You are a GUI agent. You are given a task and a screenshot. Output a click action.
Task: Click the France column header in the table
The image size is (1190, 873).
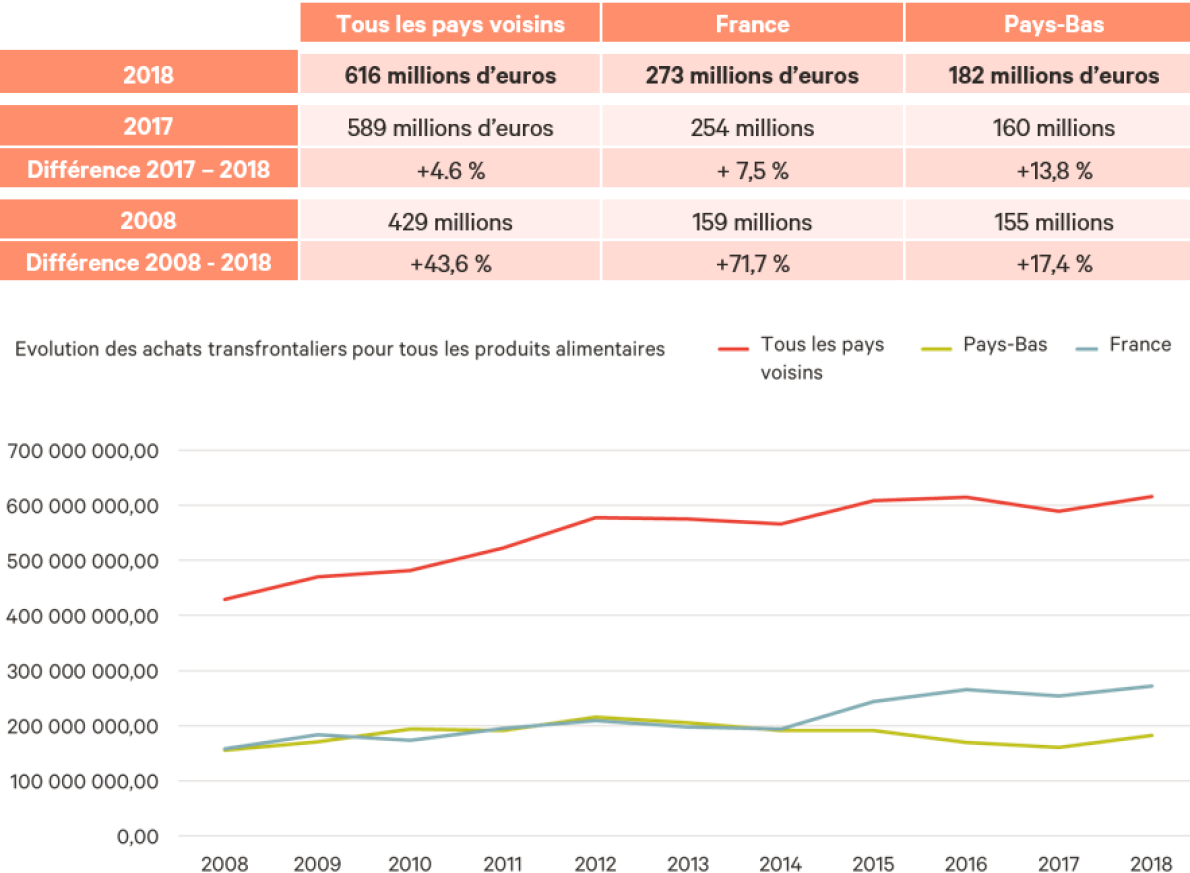[x=752, y=24]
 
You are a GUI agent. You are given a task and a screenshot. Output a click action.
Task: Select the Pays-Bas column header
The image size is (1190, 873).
[x=1054, y=24]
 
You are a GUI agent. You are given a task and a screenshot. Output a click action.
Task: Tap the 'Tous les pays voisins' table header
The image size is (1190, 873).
[x=450, y=24]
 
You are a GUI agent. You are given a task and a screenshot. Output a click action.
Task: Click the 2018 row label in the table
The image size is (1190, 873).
[x=148, y=75]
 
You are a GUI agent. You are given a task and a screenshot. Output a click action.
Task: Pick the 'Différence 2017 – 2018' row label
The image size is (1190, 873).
[x=148, y=170]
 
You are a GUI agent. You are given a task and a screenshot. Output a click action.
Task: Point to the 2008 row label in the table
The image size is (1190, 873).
[x=148, y=221]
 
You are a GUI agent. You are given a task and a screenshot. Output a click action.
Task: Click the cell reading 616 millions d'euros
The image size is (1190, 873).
[x=450, y=75]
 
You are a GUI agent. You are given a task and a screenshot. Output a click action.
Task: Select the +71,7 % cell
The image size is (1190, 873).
[x=752, y=264]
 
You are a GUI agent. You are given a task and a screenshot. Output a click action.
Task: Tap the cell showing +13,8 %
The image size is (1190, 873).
[x=1054, y=170]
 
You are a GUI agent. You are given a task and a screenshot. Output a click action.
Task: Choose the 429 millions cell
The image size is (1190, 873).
[x=450, y=221]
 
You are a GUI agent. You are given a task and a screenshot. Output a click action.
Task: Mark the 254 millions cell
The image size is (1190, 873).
[x=752, y=127]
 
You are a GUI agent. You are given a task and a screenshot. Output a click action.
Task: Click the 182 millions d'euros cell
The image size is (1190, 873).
[x=1054, y=75]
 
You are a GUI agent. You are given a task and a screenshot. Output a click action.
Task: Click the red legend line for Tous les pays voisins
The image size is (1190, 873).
[x=734, y=349]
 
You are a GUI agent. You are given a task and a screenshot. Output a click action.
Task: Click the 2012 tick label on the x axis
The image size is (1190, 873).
[x=595, y=863]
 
